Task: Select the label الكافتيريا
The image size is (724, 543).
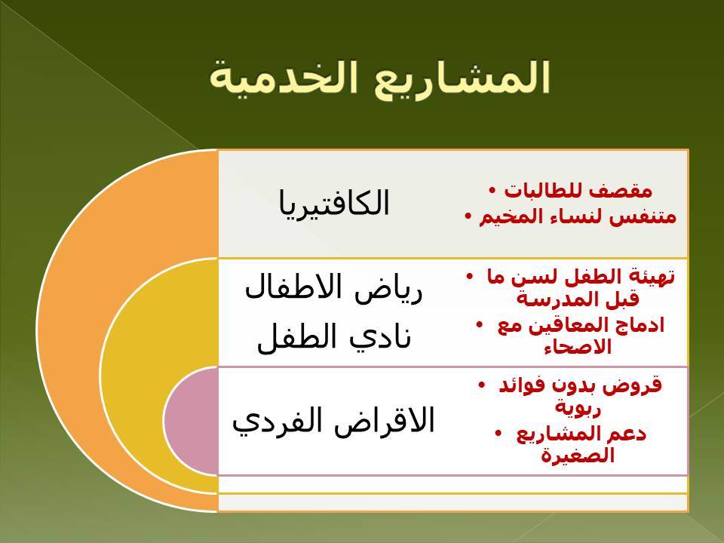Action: pyautogui.click(x=334, y=203)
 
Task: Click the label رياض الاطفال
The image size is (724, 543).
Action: pyautogui.click(x=333, y=288)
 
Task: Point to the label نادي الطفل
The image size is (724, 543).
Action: pyautogui.click(x=334, y=337)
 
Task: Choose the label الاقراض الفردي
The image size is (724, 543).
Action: pyautogui.click(x=333, y=421)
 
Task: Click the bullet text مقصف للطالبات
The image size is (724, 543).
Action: pyautogui.click(x=578, y=190)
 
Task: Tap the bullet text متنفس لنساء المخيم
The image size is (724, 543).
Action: pyautogui.click(x=577, y=216)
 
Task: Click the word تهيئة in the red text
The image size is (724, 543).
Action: pyautogui.click(x=650, y=277)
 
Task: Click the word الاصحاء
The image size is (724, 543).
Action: pyautogui.click(x=578, y=347)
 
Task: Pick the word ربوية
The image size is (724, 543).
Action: pyautogui.click(x=577, y=408)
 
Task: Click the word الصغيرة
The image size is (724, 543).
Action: pyautogui.click(x=578, y=456)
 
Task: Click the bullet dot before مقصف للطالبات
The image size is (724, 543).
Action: pyautogui.click(x=492, y=190)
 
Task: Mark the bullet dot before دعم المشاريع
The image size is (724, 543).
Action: pyautogui.click(x=499, y=433)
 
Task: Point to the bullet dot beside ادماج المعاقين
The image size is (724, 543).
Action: pyautogui.click(x=480, y=325)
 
